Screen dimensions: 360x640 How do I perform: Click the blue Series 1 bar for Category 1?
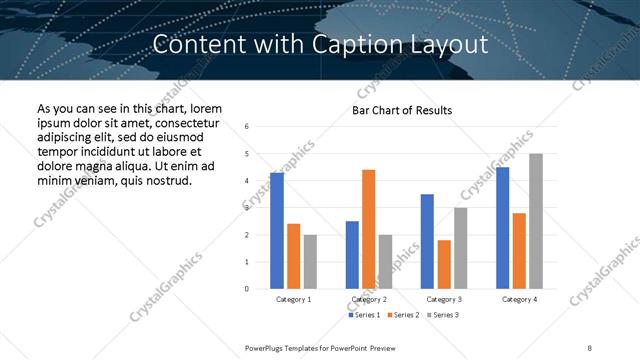pyautogui.click(x=277, y=231)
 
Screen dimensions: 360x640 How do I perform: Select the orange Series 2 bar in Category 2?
pyautogui.click(x=368, y=229)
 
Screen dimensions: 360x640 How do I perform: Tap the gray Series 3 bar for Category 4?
pyautogui.click(x=536, y=221)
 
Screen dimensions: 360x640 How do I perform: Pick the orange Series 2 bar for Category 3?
pyautogui.click(x=444, y=264)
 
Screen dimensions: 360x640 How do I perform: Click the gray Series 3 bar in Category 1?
pyautogui.click(x=310, y=262)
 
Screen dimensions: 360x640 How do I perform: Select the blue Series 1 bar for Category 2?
pyautogui.click(x=352, y=255)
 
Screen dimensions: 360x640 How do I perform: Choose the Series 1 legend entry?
pyautogui.click(x=363, y=315)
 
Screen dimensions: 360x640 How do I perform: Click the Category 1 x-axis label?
pyautogui.click(x=293, y=299)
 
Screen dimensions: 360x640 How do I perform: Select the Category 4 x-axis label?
pyautogui.click(x=519, y=299)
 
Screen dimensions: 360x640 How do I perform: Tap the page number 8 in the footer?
pyautogui.click(x=590, y=347)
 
